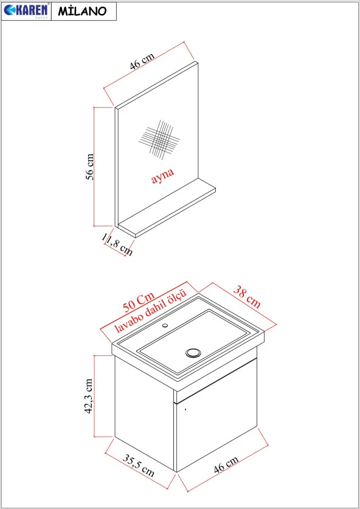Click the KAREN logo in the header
26,10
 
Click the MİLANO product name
83,11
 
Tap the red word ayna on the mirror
162,175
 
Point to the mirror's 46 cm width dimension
142,60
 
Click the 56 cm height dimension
89,166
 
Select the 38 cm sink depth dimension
246,296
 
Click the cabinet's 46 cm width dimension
227,465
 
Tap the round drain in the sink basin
194,352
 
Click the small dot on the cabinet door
185,410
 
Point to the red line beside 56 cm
95,166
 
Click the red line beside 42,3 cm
94,396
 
